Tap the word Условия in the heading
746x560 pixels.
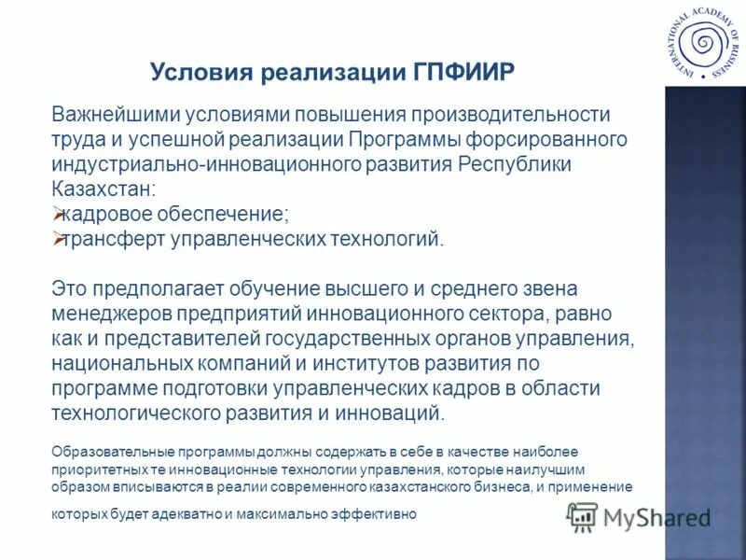[x=198, y=73]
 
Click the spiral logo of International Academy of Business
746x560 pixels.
[x=700, y=44]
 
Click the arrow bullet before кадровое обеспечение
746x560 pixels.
[x=57, y=214]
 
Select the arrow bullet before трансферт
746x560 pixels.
[x=57, y=238]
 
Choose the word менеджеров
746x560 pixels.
[x=105, y=314]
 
